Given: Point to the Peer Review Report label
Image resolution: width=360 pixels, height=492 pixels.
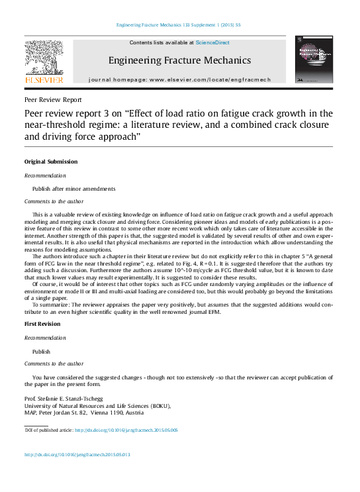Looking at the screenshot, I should [53, 100].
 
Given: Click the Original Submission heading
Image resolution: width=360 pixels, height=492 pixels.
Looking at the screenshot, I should [51, 162].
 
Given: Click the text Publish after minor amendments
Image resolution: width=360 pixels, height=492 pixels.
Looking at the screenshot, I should [74, 188].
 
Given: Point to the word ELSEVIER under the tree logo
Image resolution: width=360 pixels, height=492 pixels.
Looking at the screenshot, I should [44, 80].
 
